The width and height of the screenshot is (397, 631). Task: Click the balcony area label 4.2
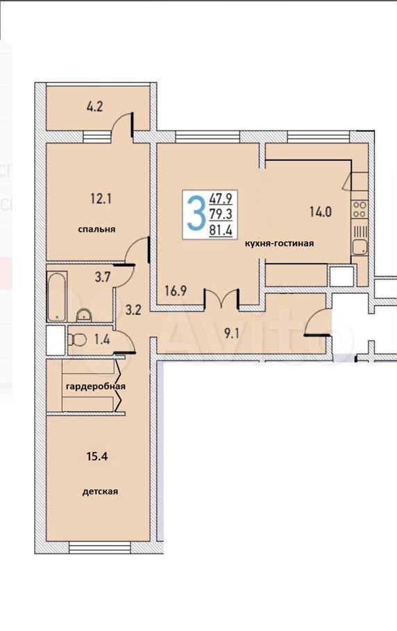pyautogui.click(x=94, y=107)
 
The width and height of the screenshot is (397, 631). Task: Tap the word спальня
pyautogui.click(x=96, y=229)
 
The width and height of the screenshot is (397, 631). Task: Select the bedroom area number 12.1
pyautogui.click(x=101, y=198)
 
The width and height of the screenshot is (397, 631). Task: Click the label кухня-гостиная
pyautogui.click(x=280, y=243)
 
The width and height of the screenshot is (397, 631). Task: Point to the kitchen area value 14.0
pyautogui.click(x=321, y=211)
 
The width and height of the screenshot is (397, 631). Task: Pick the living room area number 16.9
pyautogui.click(x=176, y=291)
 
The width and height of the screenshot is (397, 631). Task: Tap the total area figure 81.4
pyautogui.click(x=221, y=230)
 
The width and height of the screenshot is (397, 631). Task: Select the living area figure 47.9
pyautogui.click(x=221, y=198)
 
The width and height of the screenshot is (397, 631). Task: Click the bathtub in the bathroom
pyautogui.click(x=57, y=297)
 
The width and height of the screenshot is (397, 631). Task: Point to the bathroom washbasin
pyautogui.click(x=84, y=315)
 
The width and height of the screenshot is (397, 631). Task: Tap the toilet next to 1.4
pyautogui.click(x=77, y=340)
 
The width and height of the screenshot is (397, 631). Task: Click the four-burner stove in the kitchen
pyautogui.click(x=359, y=209)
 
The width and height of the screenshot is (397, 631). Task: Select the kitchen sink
pyautogui.click(x=360, y=247)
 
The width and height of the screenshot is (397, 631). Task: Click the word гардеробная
pyautogui.click(x=96, y=386)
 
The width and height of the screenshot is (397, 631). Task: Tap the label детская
pyautogui.click(x=100, y=492)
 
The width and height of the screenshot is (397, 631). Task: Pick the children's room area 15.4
pyautogui.click(x=97, y=457)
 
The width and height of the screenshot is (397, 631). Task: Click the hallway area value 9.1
pyautogui.click(x=232, y=334)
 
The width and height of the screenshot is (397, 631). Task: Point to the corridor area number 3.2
pyautogui.click(x=133, y=310)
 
